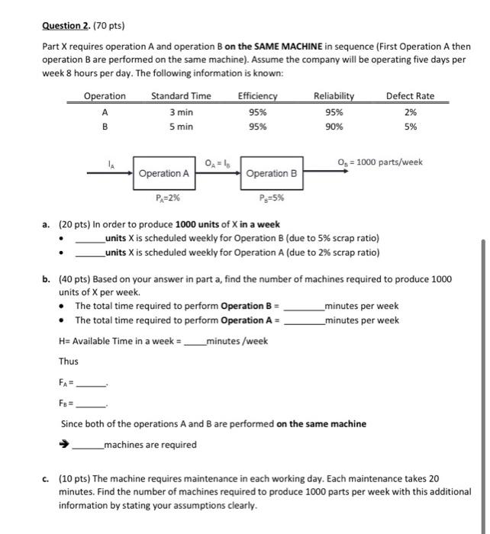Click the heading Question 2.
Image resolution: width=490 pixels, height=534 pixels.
click(x=67, y=24)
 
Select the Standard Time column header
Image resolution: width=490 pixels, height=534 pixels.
click(x=181, y=95)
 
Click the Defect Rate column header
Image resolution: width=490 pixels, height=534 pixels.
click(x=410, y=95)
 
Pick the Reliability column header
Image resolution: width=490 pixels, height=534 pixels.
click(x=334, y=95)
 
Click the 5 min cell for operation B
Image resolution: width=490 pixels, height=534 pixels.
click(x=181, y=127)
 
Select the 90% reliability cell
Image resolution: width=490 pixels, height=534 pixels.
click(x=334, y=127)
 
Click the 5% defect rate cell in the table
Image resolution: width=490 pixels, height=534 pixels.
click(x=410, y=127)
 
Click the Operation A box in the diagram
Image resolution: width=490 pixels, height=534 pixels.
click(x=163, y=174)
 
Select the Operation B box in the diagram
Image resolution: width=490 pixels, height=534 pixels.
click(x=272, y=174)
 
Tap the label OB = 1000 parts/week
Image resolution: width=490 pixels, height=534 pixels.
click(x=379, y=162)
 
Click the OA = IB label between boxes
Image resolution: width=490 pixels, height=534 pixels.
click(x=218, y=162)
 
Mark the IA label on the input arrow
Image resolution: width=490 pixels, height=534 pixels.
click(x=111, y=162)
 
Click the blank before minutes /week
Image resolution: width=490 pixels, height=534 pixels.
click(x=195, y=342)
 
